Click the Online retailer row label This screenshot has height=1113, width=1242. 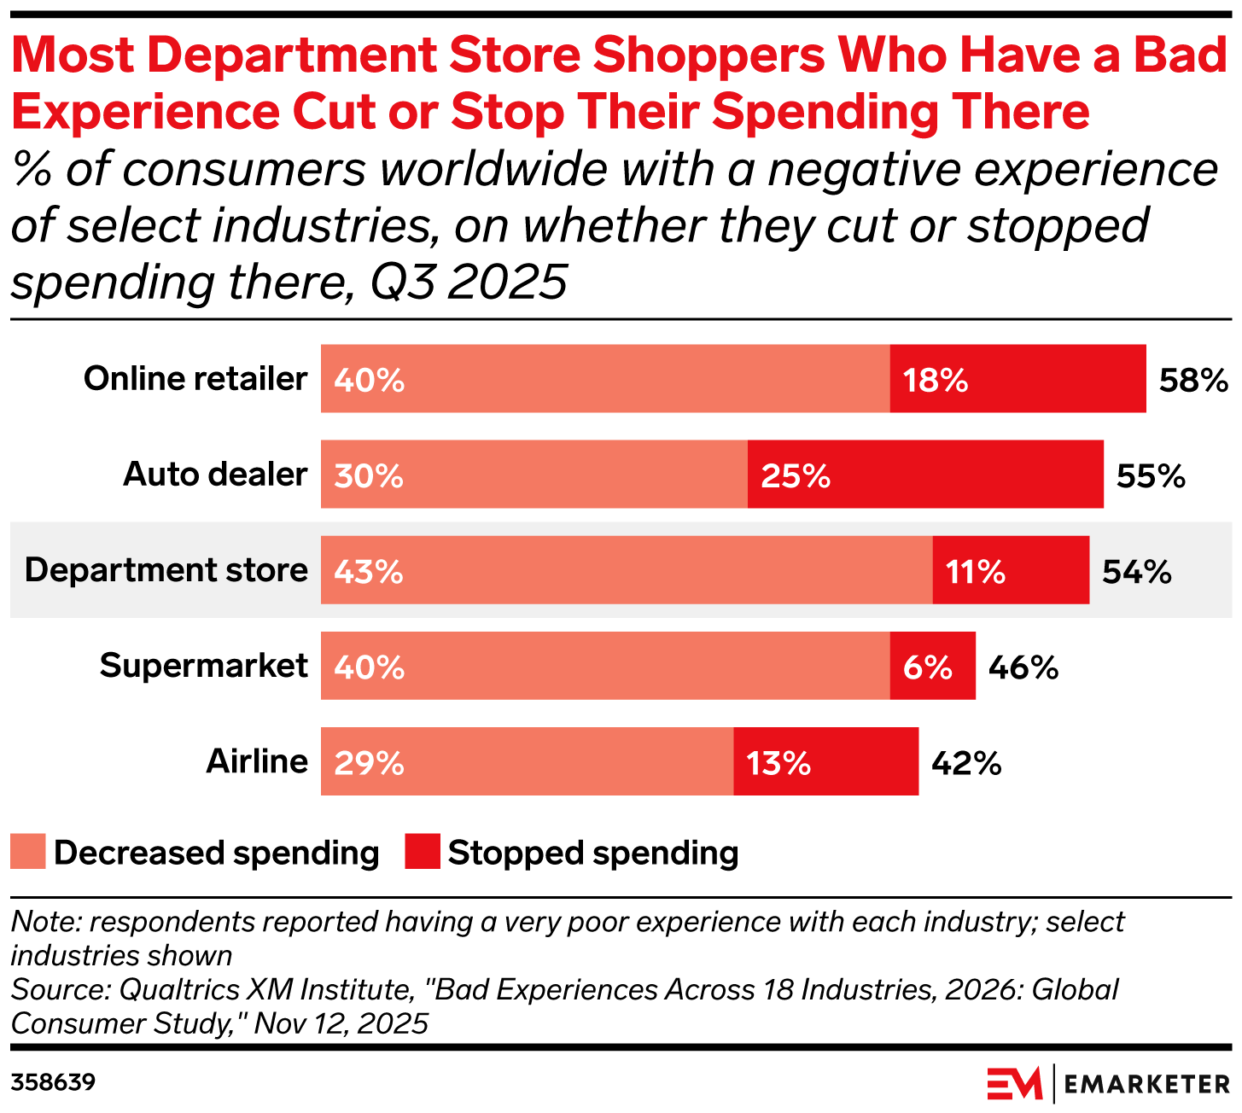click(x=195, y=378)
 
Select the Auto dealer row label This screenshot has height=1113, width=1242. click(x=215, y=474)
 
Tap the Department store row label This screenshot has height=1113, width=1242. click(x=166, y=569)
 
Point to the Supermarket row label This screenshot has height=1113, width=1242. click(x=204, y=665)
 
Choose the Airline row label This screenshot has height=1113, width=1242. click(x=257, y=760)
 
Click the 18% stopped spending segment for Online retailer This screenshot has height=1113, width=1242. click(x=1018, y=378)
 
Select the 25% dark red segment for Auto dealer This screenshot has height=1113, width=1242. click(x=925, y=474)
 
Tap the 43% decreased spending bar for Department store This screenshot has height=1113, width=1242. click(x=627, y=569)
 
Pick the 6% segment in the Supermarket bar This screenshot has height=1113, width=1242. click(x=932, y=665)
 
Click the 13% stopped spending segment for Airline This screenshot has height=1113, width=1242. click(x=825, y=760)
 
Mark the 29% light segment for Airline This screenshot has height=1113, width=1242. click(x=527, y=760)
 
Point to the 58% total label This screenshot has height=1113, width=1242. click(x=1192, y=380)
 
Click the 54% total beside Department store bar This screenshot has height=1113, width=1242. click(x=1136, y=571)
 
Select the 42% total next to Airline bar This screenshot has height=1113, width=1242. click(x=965, y=762)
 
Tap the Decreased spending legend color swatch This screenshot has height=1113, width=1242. click(x=27, y=852)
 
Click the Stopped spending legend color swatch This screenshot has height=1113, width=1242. click(x=422, y=852)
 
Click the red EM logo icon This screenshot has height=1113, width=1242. click(x=1014, y=1083)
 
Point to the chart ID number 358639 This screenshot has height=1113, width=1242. click(x=53, y=1083)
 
